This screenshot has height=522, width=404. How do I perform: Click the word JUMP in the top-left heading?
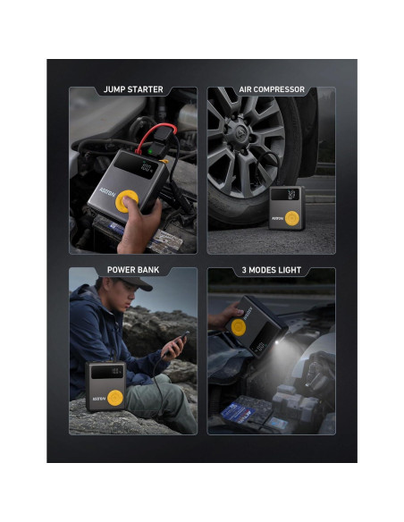114,90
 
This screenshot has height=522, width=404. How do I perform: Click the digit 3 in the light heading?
243,269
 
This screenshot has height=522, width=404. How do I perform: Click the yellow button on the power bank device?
114,394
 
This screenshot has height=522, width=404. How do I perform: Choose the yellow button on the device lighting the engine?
237,328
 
